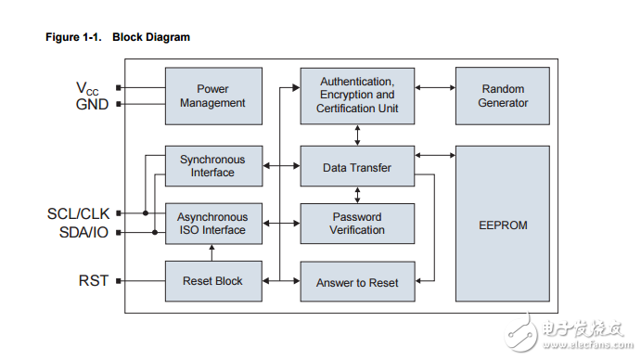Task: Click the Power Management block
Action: [x=213, y=96]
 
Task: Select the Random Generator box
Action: [x=503, y=96]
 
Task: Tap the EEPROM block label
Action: [x=503, y=225]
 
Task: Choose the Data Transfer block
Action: [x=357, y=166]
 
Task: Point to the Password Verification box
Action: [x=357, y=224]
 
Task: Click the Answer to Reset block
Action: [x=357, y=281]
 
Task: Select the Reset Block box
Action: [x=213, y=281]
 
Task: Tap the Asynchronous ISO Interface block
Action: [x=213, y=224]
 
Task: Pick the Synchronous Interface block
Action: [x=213, y=166]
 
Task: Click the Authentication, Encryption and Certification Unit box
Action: [x=357, y=96]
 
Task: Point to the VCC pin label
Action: [x=87, y=88]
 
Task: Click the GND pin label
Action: [x=92, y=104]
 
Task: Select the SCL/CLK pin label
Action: [x=78, y=213]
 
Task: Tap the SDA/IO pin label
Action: [x=83, y=232]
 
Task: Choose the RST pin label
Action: [x=94, y=280]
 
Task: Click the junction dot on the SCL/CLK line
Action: [x=146, y=213]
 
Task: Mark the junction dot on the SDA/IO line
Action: [x=155, y=232]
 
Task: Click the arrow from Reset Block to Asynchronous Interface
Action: [x=212, y=252]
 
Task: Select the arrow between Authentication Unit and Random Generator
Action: [x=435, y=87]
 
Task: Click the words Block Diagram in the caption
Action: [x=151, y=37]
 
